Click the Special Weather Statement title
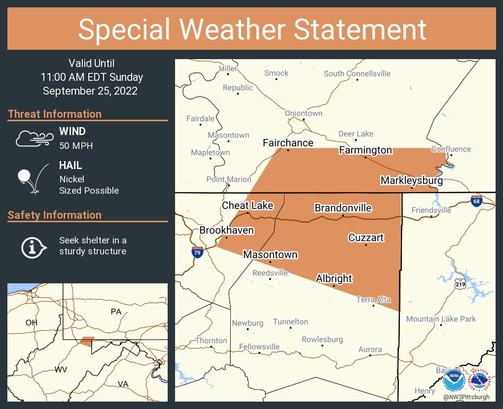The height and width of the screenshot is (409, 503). pyautogui.click(x=251, y=30)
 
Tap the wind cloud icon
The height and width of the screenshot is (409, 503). pyautogui.click(x=34, y=138)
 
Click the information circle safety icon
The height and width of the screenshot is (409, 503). pyautogui.click(x=33, y=246)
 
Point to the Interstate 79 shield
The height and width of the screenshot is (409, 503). pyautogui.click(x=197, y=252)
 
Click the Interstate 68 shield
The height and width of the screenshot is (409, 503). pyautogui.click(x=475, y=201)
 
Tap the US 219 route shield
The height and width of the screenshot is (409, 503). pyautogui.click(x=460, y=284)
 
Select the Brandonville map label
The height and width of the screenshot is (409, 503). pyautogui.click(x=343, y=208)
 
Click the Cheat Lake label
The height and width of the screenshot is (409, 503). pyautogui.click(x=248, y=205)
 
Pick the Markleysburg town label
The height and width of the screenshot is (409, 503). pyautogui.click(x=411, y=181)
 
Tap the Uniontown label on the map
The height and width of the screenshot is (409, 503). pyautogui.click(x=304, y=113)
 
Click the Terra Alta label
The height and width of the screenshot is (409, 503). pyautogui.click(x=374, y=300)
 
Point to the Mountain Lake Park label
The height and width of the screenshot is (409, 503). pyautogui.click(x=441, y=319)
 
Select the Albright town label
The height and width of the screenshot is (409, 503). pyautogui.click(x=334, y=278)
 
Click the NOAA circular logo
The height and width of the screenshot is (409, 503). pyautogui.click(x=454, y=380)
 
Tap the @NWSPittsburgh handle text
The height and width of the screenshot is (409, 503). pyautogui.click(x=466, y=397)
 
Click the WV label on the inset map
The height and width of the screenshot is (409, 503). pyautogui.click(x=61, y=370)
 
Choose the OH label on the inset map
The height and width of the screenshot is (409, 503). pyautogui.click(x=32, y=322)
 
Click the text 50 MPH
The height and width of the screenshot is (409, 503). pyautogui.click(x=76, y=146)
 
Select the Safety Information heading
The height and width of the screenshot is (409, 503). pyautogui.click(x=55, y=215)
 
